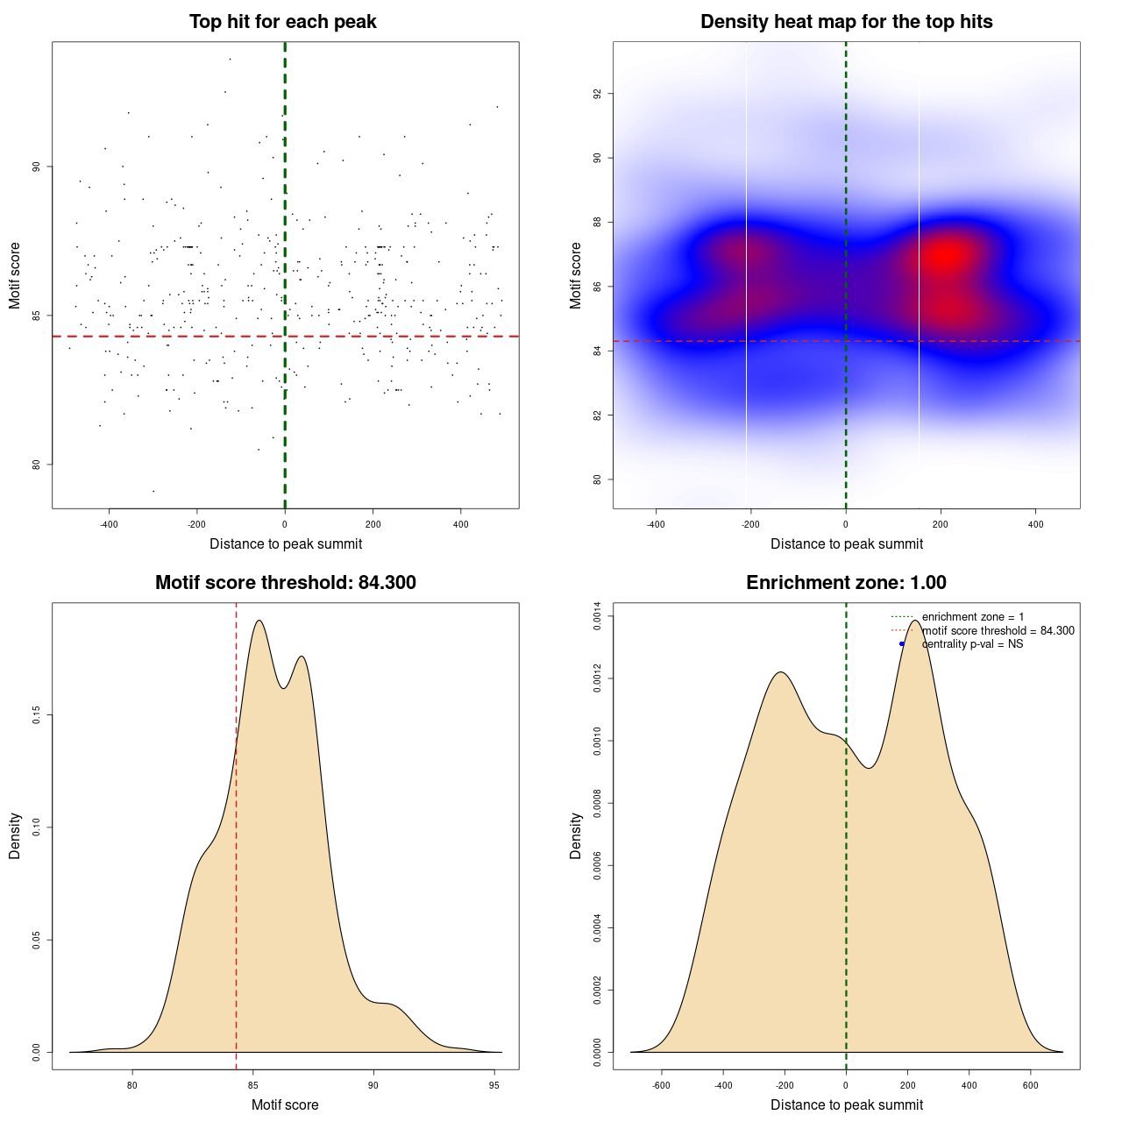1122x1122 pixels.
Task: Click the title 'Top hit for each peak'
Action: pos(282,22)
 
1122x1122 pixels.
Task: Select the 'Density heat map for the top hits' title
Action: pos(846,22)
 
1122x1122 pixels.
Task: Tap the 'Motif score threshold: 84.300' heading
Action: pos(285,583)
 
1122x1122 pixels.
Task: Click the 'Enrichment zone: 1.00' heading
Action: pos(846,583)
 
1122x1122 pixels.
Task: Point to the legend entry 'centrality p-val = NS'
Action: pos(972,644)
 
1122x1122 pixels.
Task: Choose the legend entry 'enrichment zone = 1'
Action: pos(972,617)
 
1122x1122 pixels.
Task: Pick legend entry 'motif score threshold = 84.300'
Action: pos(998,631)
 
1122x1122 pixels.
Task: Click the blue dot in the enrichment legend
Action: pos(902,644)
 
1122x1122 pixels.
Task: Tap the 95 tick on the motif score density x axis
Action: pos(494,1086)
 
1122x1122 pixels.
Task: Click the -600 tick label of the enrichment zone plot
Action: pos(661,1086)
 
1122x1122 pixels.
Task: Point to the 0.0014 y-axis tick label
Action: pos(598,617)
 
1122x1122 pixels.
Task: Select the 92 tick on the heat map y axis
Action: pos(598,94)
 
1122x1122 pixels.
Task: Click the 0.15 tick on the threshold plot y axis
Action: pos(37,715)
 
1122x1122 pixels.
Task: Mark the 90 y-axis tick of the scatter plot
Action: pos(37,167)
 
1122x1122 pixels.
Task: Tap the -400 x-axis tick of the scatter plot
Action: pos(109,525)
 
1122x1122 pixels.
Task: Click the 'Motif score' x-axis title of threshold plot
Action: pos(285,1104)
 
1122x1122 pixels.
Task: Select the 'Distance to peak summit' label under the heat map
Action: pos(846,543)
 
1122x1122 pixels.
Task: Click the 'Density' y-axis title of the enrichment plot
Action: pos(576,835)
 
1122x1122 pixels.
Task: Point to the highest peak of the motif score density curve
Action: pos(259,621)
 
